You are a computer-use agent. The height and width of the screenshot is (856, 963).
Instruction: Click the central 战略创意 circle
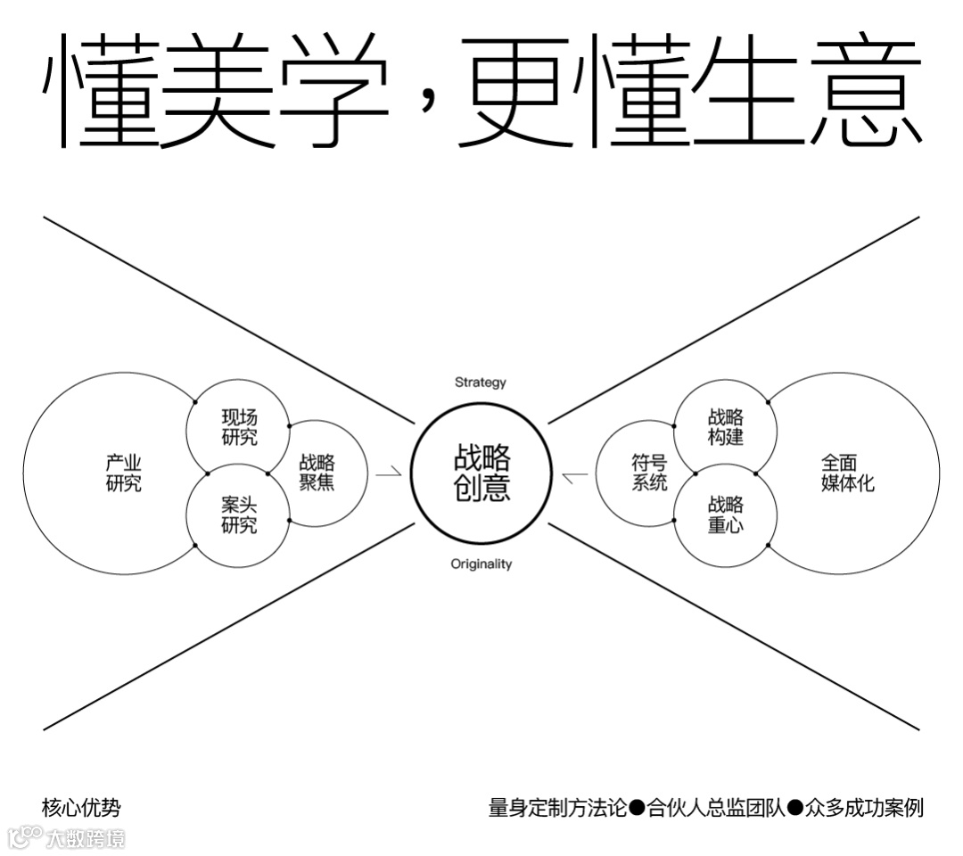tap(481, 473)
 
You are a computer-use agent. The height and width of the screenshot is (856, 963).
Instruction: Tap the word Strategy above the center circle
tap(480, 383)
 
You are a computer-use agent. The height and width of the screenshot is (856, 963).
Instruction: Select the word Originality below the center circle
tap(481, 564)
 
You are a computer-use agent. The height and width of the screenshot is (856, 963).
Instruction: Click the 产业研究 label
tap(123, 473)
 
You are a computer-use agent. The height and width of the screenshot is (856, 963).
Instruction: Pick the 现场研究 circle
tap(239, 427)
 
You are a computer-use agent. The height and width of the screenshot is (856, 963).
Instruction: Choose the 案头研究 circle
tap(239, 516)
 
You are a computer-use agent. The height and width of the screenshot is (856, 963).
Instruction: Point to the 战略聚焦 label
tap(317, 473)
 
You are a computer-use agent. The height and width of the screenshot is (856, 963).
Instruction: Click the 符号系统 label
tap(649, 473)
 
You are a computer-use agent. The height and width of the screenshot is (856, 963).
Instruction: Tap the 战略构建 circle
tap(726, 427)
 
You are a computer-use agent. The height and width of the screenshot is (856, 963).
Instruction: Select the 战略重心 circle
tap(726, 516)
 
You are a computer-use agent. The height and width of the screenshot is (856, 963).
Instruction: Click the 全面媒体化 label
tap(848, 473)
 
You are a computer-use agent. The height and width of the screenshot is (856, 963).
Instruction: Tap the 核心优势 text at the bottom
tap(81, 809)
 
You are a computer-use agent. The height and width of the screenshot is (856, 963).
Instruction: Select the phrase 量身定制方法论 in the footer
tap(557, 809)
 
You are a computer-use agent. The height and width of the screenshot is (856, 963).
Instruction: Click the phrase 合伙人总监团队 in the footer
tap(716, 809)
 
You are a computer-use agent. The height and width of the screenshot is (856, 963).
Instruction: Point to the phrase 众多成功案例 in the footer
tap(864, 809)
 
